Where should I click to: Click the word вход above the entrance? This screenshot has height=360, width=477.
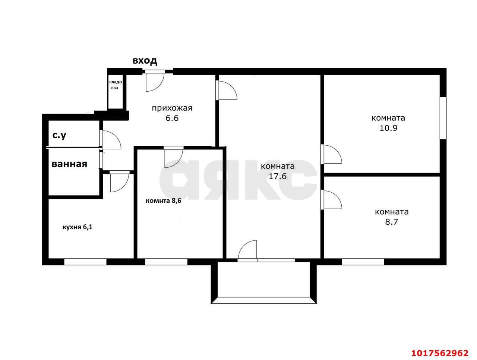click(145, 61)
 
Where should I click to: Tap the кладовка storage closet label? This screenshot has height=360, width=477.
click(115, 85)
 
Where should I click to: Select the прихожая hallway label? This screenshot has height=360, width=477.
click(172, 108)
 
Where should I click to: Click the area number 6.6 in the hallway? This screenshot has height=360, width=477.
click(172, 118)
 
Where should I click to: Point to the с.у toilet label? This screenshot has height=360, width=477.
click(59, 135)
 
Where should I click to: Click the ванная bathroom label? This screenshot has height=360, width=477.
click(69, 164)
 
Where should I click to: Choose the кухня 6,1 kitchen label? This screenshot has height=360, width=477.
click(78, 227)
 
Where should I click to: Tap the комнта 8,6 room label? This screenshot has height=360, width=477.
click(163, 200)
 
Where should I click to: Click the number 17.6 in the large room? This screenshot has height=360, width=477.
click(278, 176)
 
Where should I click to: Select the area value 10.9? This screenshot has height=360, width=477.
click(388, 128)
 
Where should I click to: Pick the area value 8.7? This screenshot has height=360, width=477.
click(391, 222)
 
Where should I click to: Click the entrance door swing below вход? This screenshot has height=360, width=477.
click(155, 82)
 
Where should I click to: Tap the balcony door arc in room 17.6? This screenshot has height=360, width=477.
click(247, 250)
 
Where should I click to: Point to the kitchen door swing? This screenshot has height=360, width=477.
click(120, 181)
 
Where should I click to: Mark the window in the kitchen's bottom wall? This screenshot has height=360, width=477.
click(85, 262)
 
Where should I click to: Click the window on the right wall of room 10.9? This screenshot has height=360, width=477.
click(443, 118)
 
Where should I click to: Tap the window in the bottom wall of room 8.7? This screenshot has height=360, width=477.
click(363, 262)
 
